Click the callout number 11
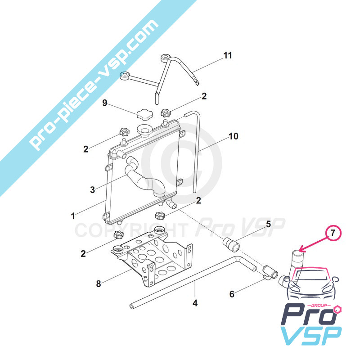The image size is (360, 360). pos(228,55)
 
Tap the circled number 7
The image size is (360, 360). pos(333,233)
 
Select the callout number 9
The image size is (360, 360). pos(105,103)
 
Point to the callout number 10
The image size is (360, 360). pos(234,136)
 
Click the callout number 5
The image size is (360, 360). pos(268,224)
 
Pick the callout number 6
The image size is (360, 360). pos(232,294)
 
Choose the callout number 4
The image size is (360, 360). pos(195,303)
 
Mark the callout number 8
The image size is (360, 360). pos(99,284)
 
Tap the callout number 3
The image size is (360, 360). pos(92,190)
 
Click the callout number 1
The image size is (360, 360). pos(73,216)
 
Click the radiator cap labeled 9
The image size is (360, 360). pos(144,115)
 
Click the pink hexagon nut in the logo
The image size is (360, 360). pos(338,310)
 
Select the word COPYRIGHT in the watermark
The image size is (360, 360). pos(131,230)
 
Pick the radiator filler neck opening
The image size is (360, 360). pos(144,129)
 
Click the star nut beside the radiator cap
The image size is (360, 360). pos(165,113)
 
